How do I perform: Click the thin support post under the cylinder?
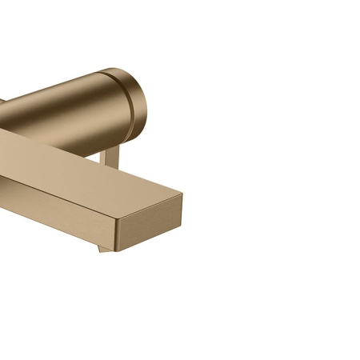pyautogui.click(x=111, y=157)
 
